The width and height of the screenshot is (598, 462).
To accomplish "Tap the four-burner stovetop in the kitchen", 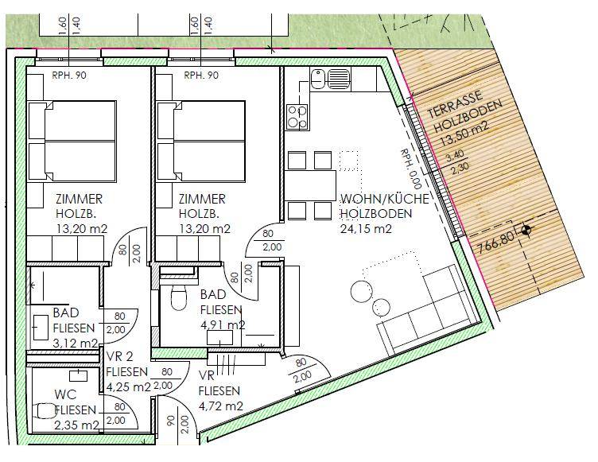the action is [297, 117].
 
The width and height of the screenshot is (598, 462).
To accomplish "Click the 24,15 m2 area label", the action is [366, 228].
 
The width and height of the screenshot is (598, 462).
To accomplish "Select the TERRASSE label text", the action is [455, 104].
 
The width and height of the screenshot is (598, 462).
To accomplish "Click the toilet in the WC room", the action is [45, 411].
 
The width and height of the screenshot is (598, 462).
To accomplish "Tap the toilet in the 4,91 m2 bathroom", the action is [178, 297].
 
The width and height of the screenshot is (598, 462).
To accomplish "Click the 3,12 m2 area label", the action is [75, 343].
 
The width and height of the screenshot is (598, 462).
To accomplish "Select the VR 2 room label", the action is [120, 357].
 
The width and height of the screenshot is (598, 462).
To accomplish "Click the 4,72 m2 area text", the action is [221, 406].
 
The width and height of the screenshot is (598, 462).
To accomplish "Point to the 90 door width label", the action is [170, 421].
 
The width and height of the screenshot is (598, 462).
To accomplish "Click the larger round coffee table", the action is [362, 293].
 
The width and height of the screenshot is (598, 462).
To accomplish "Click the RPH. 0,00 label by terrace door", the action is [411, 169].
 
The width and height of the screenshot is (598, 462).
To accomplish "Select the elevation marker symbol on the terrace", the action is [526, 229].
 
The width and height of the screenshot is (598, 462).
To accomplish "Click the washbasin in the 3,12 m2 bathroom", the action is [41, 328].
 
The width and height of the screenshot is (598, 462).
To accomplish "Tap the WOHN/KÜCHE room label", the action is [385, 199].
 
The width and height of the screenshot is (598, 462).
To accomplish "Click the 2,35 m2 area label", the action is [76, 425].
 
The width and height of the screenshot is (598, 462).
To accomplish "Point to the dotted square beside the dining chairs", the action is [348, 161].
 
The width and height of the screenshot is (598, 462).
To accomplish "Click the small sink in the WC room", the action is [78, 375].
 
